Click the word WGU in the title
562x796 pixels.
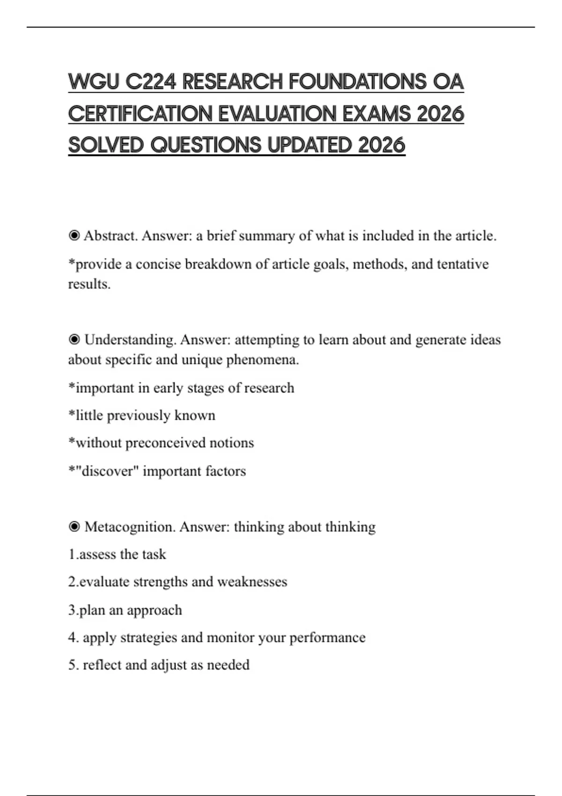click(x=93, y=82)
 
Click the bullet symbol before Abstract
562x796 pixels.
click(x=74, y=236)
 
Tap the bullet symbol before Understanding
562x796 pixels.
click(x=74, y=339)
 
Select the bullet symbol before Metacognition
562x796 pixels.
click(x=74, y=527)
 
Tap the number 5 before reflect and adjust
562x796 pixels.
click(x=72, y=665)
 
